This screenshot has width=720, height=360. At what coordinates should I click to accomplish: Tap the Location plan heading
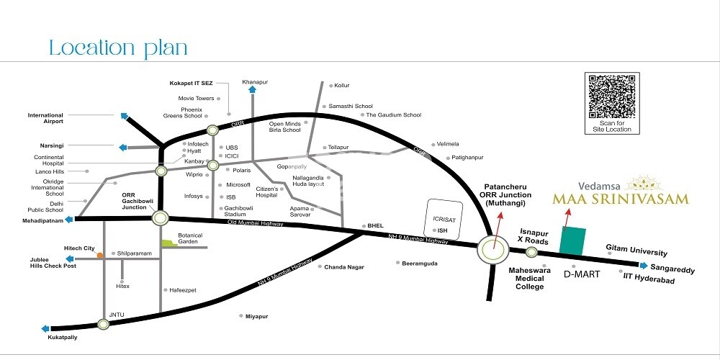pyautogui.click(x=118, y=48)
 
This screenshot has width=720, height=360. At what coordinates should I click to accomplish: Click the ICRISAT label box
pyautogui.click(x=441, y=214)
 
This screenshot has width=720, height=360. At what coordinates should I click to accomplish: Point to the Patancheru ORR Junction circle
pyautogui.click(x=493, y=251)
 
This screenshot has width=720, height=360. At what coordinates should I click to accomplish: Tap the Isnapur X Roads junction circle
pyautogui.click(x=531, y=252)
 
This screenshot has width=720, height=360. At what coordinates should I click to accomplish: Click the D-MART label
pyautogui.click(x=577, y=274)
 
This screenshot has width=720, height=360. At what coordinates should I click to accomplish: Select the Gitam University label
pyautogui.click(x=636, y=252)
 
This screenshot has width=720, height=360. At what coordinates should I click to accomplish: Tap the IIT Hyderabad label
pyautogui.click(x=649, y=279)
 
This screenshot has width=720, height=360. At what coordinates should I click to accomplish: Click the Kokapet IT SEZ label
pyautogui.click(x=191, y=84)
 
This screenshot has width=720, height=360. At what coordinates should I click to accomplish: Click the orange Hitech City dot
pyautogui.click(x=100, y=254)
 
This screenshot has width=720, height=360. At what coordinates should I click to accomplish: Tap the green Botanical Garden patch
pyautogui.click(x=168, y=243)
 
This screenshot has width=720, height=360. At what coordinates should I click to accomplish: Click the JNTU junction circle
pyautogui.click(x=104, y=324)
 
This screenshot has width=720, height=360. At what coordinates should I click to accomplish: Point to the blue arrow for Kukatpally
pyautogui.click(x=45, y=328)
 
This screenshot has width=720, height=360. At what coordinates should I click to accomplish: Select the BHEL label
pyautogui.click(x=375, y=225)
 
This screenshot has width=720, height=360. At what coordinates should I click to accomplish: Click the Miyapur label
pyautogui.click(x=256, y=316)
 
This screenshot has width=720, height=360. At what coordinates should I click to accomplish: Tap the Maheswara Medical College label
pyautogui.click(x=529, y=278)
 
